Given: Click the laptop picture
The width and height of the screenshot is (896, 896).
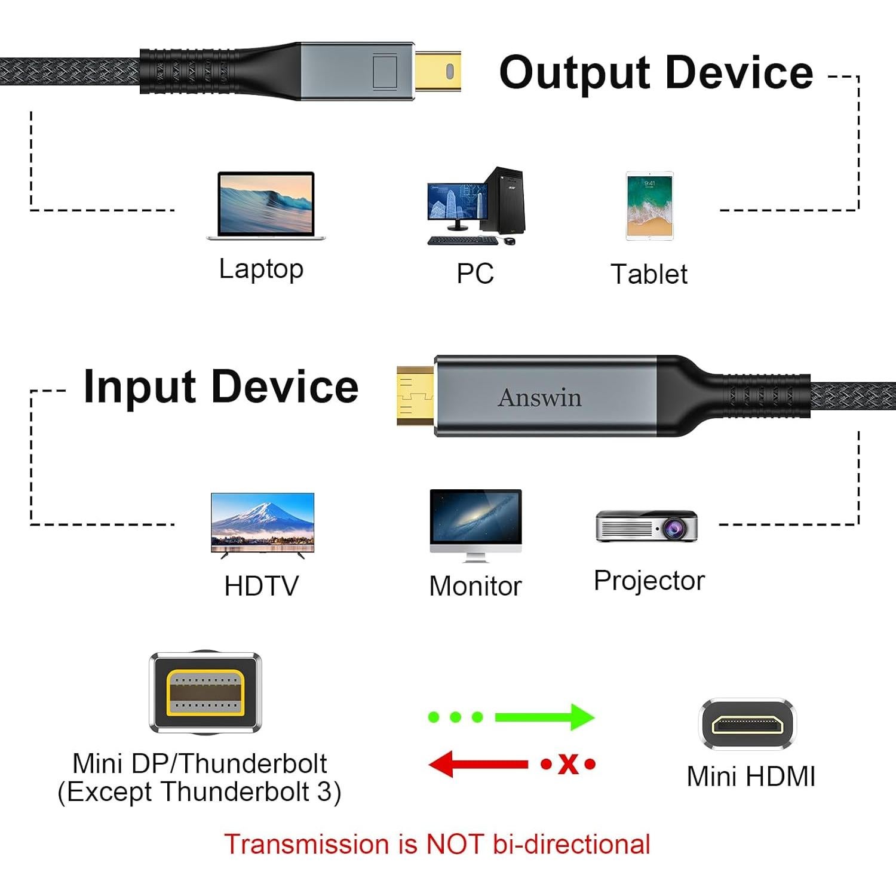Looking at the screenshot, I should point(265,206).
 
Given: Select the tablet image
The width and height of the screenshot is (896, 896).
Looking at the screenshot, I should point(649,206).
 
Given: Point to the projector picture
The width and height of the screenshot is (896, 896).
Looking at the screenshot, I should point(647,526).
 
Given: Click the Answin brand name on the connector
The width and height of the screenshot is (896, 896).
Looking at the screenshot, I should point(539,398).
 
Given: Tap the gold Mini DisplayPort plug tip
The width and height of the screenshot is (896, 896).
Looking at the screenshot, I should point(438,72).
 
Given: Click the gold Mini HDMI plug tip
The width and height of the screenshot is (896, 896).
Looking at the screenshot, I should point(415,395).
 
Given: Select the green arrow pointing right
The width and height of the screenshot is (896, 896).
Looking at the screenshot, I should point(544,716).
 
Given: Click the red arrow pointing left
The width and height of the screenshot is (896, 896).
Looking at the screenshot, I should point(478,764).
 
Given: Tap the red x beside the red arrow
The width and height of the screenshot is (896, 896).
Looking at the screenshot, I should point(568,764).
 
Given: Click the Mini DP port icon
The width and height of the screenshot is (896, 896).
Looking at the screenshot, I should point(205,693).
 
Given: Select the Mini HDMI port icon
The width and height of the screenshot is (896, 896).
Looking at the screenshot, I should point(747,724).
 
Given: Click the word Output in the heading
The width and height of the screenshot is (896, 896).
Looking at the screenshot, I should point(573,73).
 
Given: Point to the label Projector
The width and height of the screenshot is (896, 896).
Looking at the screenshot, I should point(649,581).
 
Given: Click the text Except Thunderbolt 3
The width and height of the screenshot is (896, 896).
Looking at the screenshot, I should point(200,792).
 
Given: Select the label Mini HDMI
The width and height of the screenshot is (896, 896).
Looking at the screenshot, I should point(751,777).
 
